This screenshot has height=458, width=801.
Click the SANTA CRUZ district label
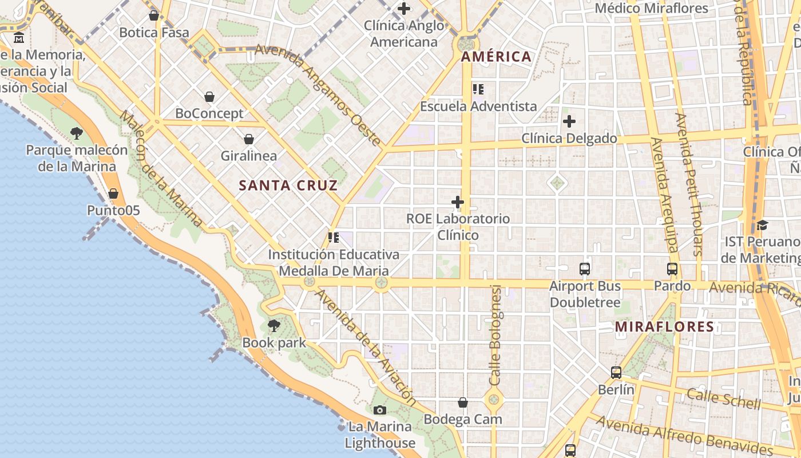pos(288,185)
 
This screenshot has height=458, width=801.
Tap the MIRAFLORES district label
pos(664,327)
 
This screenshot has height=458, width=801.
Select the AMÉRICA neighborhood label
pos(496,57)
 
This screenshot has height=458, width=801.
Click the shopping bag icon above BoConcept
pos(209,97)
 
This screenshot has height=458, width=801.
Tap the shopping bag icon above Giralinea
pos(249,139)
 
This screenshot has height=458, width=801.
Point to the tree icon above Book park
pos(274,326)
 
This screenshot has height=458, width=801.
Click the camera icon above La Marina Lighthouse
pos(379,410)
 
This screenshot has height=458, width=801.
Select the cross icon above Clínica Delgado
pos(569,121)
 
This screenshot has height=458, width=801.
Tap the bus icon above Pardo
pos(672,269)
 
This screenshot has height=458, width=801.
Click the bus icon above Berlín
pos(616,373)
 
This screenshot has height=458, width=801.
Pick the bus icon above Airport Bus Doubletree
pos(584,269)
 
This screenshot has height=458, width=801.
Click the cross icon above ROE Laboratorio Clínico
pos(457,202)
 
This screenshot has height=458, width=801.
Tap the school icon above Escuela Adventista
pos(478,89)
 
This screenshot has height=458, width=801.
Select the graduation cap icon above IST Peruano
pos(762,224)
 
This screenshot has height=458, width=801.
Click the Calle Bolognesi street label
pos(495,335)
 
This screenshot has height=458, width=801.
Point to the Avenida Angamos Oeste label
pos(318,94)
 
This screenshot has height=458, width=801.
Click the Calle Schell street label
pos(724,398)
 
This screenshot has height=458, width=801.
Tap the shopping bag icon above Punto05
pos(113,194)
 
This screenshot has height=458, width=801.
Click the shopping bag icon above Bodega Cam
pos(463,402)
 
